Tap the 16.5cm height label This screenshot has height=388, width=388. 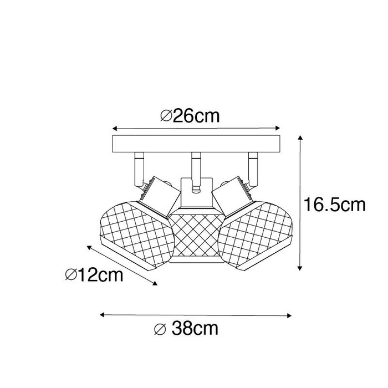[334, 206]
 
